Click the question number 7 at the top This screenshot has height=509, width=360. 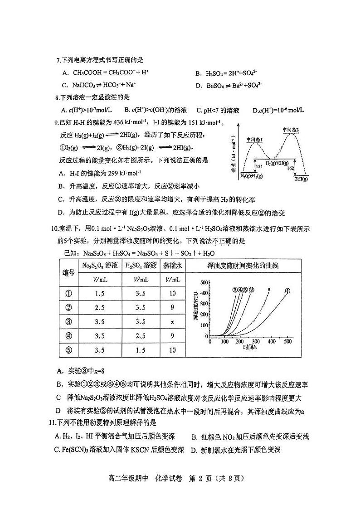[x=57, y=60]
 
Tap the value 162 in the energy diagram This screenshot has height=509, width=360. [x=293, y=168]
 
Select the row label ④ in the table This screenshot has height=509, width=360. [x=68, y=335]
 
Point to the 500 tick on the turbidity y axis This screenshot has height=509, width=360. [x=203, y=282]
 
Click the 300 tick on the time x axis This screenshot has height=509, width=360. [x=256, y=341]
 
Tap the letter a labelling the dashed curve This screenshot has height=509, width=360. [x=269, y=289]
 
